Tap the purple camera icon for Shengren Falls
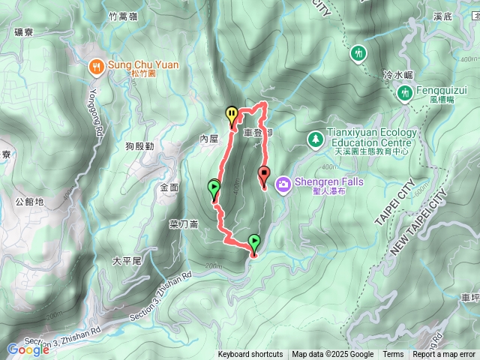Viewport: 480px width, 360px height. pos(283,183)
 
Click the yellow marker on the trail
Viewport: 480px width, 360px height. pos(232,115)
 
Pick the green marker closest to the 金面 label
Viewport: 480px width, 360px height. pos(214,187)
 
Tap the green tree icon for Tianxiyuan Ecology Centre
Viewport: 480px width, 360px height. pos(314,139)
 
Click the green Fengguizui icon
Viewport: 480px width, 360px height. pos(403,92)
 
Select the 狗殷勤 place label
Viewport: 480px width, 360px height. pos(140,146)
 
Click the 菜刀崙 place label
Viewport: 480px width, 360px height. pos(183,223)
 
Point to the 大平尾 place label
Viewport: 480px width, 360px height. pos(127,261)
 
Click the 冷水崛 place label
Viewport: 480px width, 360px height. pos(398,75)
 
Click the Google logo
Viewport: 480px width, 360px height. pos(28,349)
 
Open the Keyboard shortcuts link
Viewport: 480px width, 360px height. pos(250,355)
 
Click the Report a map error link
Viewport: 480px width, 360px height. pos(445,355)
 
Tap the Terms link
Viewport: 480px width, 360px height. pos(393,355)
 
